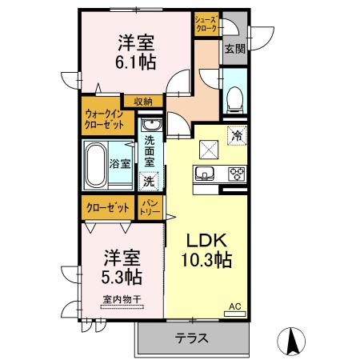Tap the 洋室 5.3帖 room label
tap(122, 267)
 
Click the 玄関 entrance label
tap(234, 49)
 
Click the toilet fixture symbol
tap(235, 98)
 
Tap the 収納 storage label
tap(143, 101)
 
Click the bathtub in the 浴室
tap(94, 163)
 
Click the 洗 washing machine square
tap(149, 182)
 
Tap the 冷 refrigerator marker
tap(237, 135)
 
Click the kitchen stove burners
tap(237, 174)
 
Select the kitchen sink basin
tap(206, 174)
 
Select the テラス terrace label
tap(192, 338)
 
